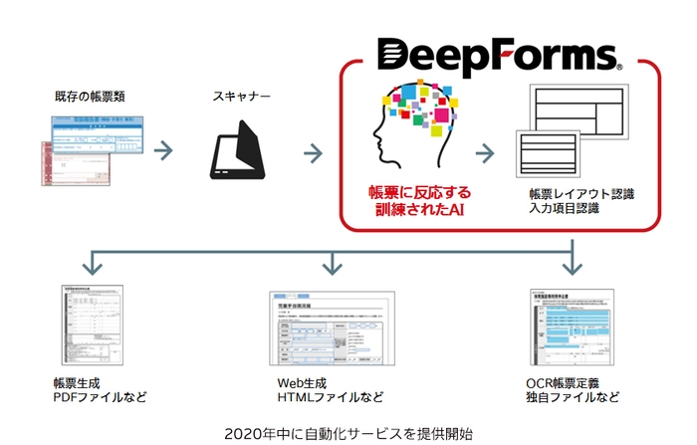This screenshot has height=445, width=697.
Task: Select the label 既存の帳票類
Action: (91, 97)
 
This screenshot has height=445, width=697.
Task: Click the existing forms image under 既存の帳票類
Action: (88, 154)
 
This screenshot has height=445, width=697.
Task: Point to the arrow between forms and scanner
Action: (166, 152)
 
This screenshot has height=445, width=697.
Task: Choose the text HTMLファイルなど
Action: (331, 397)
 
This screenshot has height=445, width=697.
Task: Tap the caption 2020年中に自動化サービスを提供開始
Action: (348, 432)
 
